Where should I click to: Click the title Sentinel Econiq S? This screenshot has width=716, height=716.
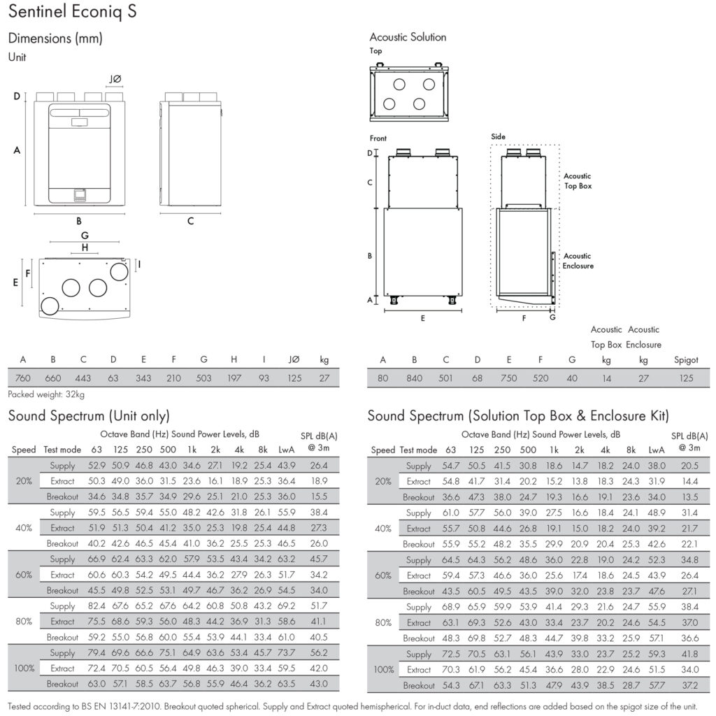(72, 11)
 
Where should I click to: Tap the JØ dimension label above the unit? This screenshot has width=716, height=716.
(115, 80)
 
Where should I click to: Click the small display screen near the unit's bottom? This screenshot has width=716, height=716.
(80, 196)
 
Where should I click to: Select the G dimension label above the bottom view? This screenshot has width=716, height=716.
(85, 236)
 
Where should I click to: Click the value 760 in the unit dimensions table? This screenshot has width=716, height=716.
(23, 378)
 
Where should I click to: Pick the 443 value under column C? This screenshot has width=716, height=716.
(83, 378)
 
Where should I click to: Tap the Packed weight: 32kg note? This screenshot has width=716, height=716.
(46, 394)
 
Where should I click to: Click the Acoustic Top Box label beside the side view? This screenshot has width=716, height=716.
(578, 181)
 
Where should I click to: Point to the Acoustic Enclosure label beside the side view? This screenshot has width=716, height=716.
(578, 261)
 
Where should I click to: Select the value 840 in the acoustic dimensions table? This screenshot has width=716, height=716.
(414, 378)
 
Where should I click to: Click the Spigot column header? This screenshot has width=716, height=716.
(686, 360)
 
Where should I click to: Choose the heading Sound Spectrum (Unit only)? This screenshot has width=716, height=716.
(89, 415)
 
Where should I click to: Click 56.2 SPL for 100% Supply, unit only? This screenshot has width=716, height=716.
(319, 652)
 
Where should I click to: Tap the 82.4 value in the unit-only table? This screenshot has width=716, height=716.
(96, 606)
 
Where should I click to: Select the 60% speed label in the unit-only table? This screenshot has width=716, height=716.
(24, 575)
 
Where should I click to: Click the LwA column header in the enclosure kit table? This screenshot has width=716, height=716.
(656, 450)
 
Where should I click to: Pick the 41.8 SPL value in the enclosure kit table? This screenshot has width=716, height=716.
(689, 654)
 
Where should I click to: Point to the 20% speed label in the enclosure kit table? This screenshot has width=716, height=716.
(383, 481)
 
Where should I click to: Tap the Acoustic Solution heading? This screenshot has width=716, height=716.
(408, 37)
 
